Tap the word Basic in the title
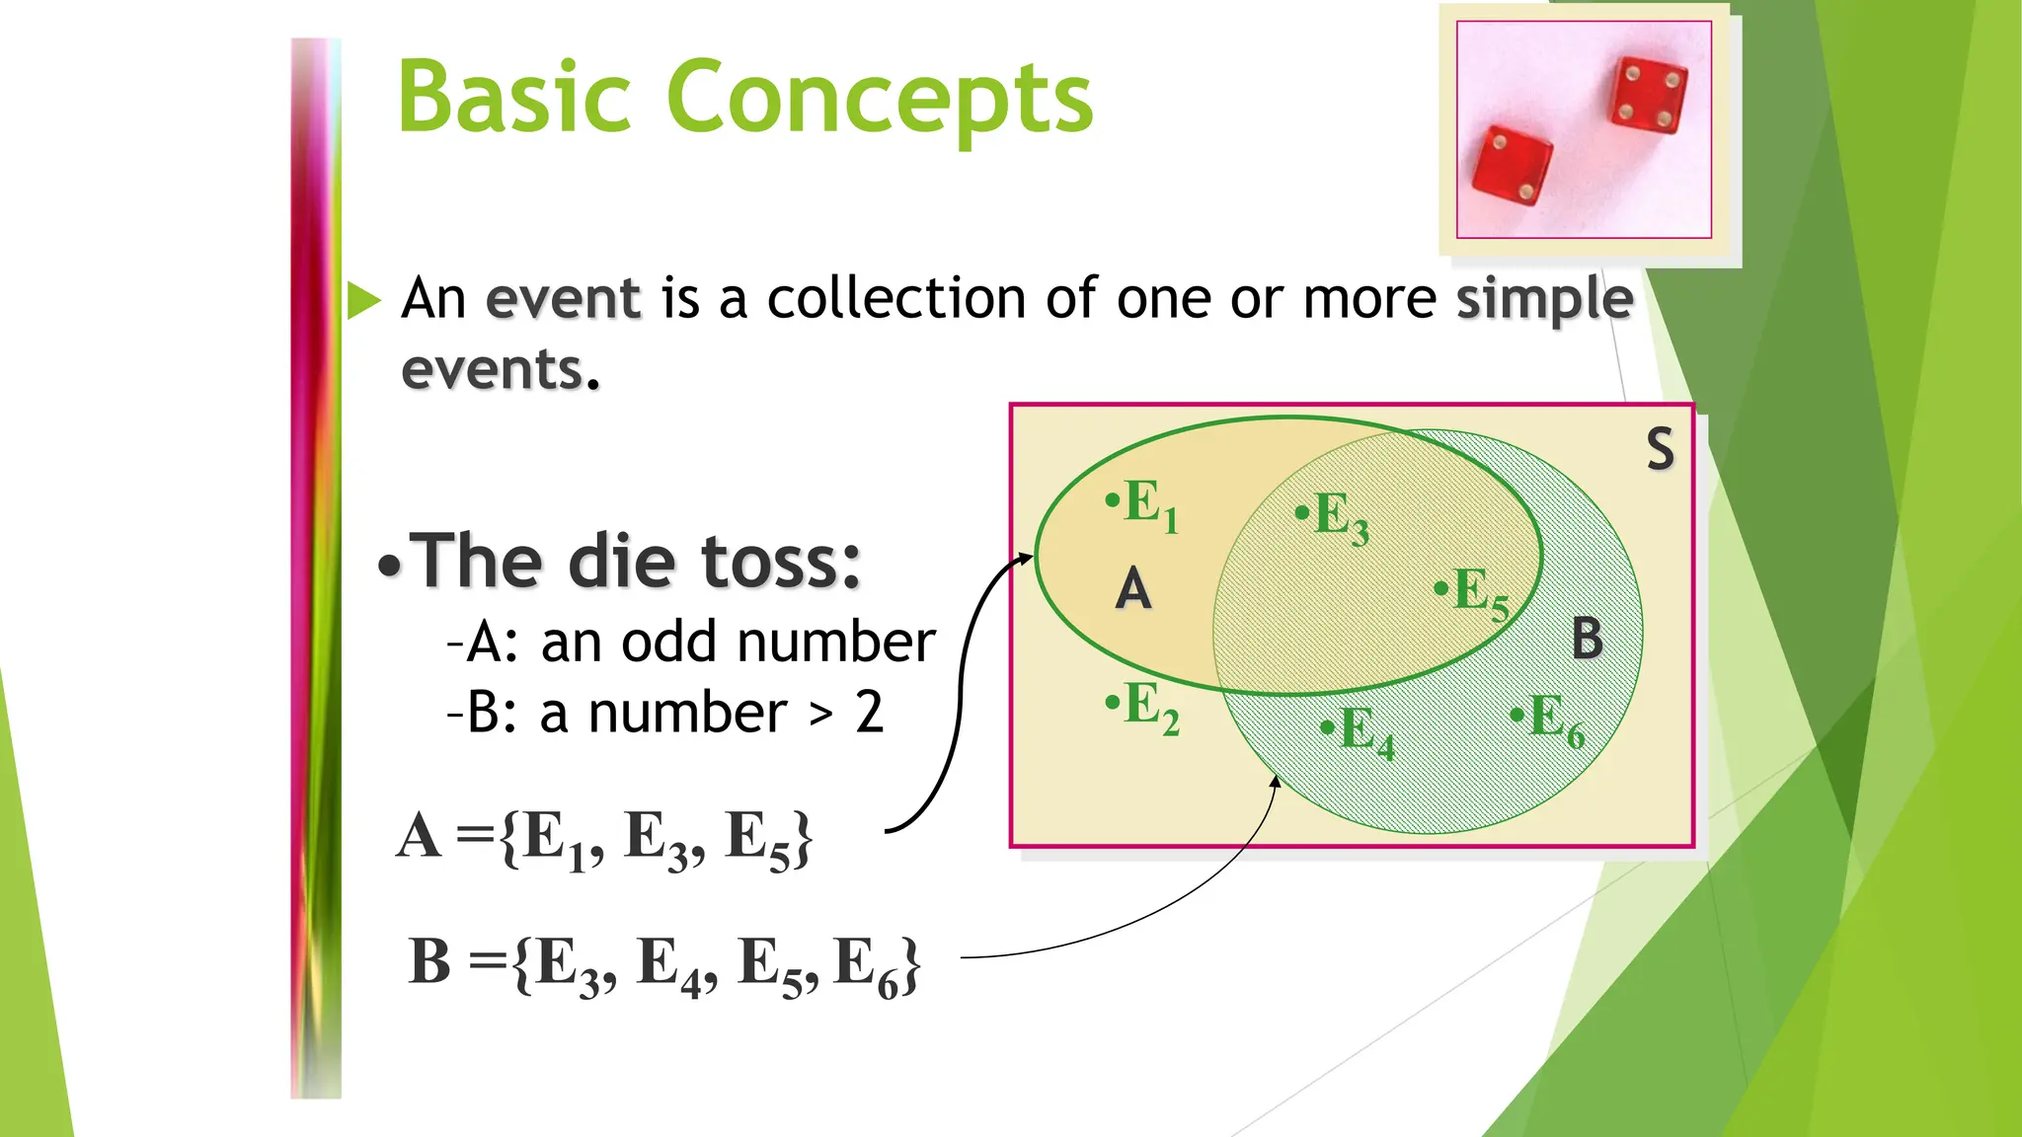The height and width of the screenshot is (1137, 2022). point(514,97)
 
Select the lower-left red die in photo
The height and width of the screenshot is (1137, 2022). point(1511,166)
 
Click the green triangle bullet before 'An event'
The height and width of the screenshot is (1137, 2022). point(363,300)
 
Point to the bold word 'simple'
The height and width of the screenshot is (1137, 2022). point(1545,298)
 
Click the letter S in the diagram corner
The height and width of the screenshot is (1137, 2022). point(1660,449)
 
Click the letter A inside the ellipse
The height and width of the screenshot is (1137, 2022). point(1133,590)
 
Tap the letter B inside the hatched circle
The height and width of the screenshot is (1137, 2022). point(1587,639)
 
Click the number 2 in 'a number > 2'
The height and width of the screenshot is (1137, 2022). point(869,713)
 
